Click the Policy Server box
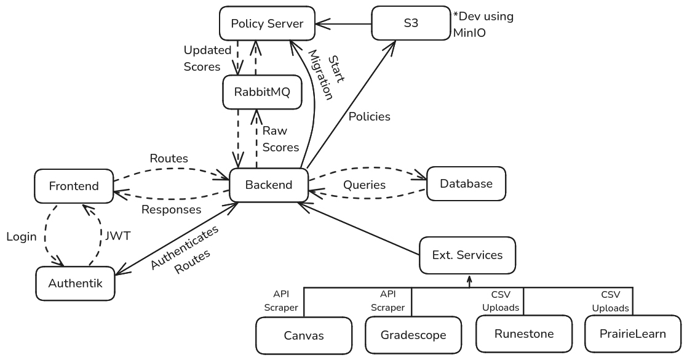tap(268, 24)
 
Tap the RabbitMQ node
tap(262, 93)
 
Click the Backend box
tap(268, 184)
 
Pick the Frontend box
tap(74, 186)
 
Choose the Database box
tap(466, 183)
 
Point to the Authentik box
tap(76, 283)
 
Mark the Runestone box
tap(524, 334)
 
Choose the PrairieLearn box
tap(633, 334)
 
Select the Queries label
tap(365, 185)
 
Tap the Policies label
tap(369, 116)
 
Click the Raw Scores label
tap(280, 139)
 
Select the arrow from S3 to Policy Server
tap(344, 25)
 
